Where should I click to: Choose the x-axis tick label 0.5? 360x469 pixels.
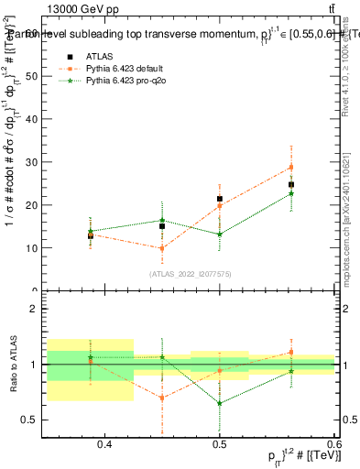[220, 445]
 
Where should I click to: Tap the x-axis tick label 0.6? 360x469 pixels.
[331, 445]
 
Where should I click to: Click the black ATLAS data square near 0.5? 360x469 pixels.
[220, 199]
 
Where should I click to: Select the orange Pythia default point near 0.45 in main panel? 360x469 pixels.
[162, 248]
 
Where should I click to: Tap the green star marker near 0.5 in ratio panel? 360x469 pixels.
[220, 403]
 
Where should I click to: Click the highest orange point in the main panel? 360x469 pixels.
[290, 167]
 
